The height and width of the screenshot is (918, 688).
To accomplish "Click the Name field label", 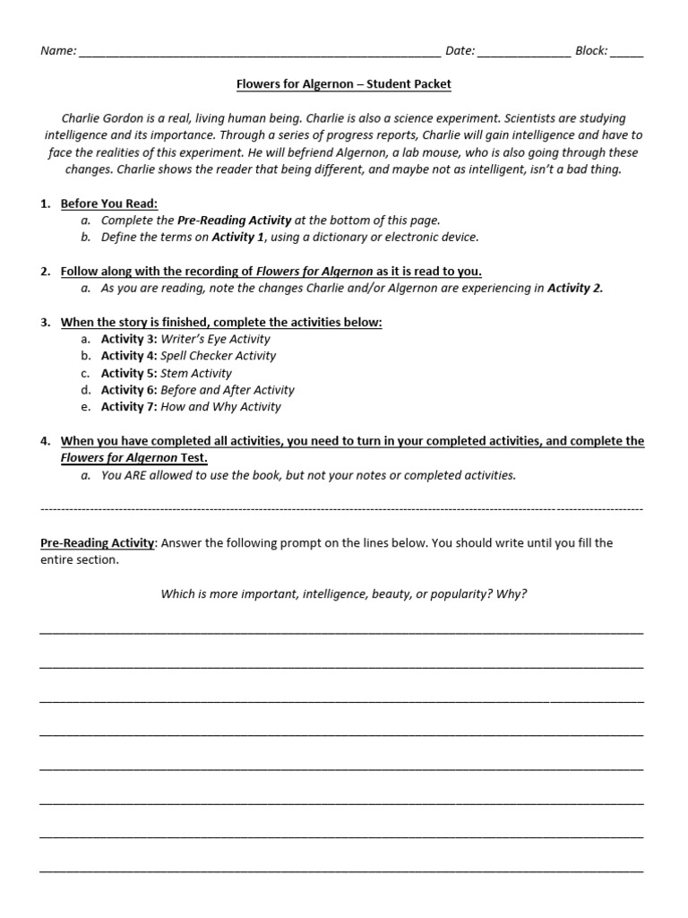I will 58,51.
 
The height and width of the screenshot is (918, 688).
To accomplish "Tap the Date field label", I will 460,51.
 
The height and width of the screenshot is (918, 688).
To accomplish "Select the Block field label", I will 591,51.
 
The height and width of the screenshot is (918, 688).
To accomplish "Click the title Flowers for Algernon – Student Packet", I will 344,84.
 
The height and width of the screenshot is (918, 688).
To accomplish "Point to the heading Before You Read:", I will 108,204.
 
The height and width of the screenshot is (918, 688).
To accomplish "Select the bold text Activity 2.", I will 575,288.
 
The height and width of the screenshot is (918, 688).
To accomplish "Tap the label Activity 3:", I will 129,339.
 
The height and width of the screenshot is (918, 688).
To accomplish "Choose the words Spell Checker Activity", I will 218,356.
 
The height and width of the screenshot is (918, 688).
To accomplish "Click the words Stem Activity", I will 195,373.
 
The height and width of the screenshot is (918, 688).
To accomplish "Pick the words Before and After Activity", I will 227,390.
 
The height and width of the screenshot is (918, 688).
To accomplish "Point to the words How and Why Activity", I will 220,407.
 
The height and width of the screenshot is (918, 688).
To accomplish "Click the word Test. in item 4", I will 193,458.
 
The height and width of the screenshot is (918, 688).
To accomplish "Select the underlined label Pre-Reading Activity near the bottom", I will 98,543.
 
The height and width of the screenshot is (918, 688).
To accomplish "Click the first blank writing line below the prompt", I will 341,632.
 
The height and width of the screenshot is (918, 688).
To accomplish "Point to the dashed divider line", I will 341,509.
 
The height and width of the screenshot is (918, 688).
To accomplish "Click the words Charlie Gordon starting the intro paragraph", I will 98,118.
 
